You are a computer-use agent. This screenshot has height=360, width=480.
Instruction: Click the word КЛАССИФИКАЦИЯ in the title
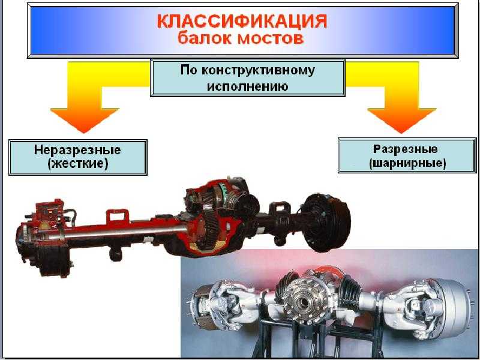242,22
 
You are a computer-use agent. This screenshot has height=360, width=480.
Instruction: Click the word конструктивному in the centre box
258,71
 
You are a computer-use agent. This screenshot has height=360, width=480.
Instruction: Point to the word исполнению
247,86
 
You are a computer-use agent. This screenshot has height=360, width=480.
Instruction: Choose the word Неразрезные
77,151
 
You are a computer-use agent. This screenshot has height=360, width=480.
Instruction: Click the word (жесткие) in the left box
78,164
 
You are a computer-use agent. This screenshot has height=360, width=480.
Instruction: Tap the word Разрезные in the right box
406,149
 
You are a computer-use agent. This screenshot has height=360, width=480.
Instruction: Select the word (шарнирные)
407,163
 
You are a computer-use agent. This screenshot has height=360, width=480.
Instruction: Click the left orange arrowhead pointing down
84,120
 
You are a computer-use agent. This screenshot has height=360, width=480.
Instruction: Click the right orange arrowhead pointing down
401,120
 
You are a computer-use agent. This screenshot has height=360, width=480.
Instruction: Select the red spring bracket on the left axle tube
117,217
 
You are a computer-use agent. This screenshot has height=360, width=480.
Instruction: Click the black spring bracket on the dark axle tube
278,211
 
